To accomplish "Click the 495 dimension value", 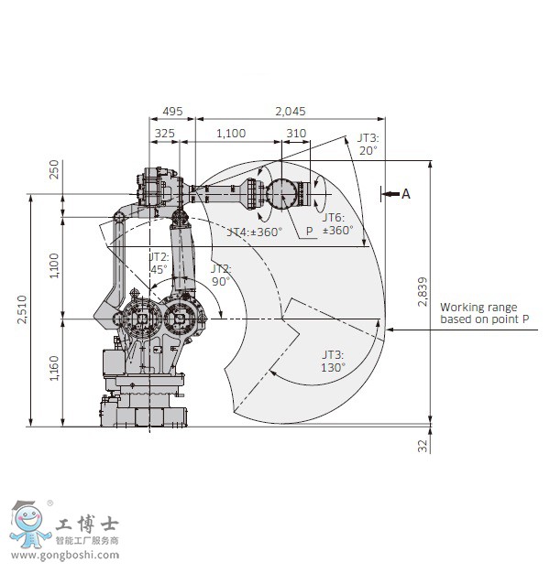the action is tap(172, 111).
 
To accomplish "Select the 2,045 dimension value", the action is tap(291, 111).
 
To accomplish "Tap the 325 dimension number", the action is tap(165, 134).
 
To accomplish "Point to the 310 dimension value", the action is tap(296, 134).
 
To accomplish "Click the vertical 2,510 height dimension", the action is tap(22, 309).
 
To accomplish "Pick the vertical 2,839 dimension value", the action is tap(423, 291).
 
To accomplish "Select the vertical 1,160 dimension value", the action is tap(54, 368).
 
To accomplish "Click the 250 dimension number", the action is tap(54, 169).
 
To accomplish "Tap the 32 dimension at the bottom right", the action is tap(423, 446).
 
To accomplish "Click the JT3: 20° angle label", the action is tap(368, 144).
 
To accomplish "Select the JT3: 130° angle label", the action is tap(333, 361).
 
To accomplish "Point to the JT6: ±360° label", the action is tap(337, 223).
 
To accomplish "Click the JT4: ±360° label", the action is tap(255, 232).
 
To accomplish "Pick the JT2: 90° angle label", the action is tap(221, 275).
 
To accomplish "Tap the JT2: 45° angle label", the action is tap(159, 263).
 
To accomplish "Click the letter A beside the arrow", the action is tap(406, 194).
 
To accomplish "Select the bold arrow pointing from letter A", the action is tap(391, 194).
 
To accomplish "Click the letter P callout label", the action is tap(310, 231).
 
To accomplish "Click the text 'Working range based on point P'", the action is tap(485, 313).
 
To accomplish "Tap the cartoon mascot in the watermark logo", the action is tap(28, 524).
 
